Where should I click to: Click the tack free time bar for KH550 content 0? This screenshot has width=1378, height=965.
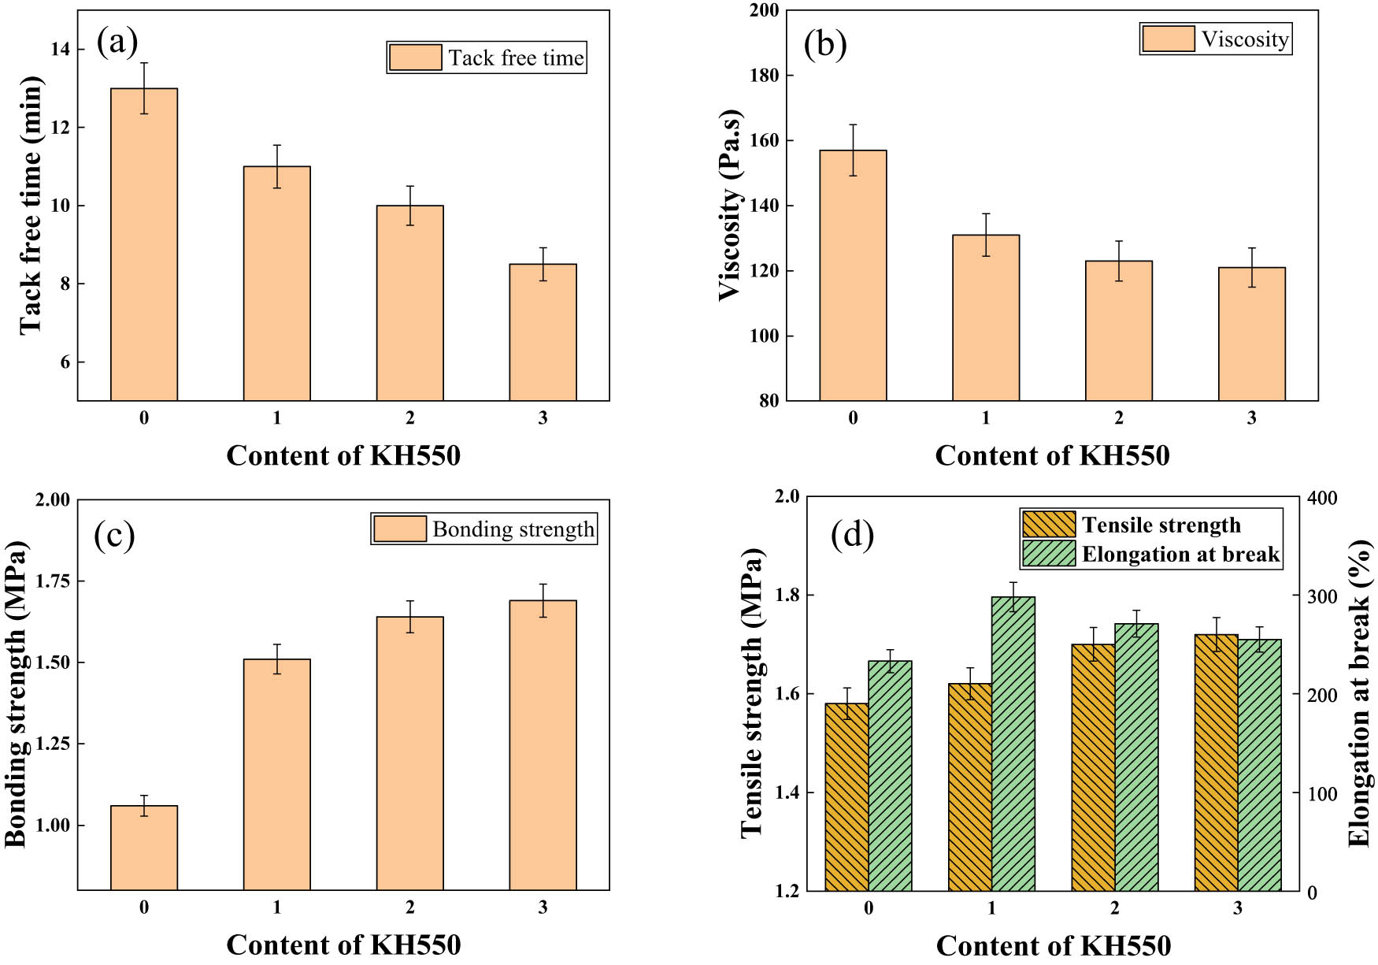pyautogui.click(x=144, y=244)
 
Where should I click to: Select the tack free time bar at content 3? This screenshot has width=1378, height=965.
pyautogui.click(x=543, y=332)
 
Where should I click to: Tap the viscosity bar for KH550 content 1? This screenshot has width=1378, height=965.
pyautogui.click(x=986, y=317)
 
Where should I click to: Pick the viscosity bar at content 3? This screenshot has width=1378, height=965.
pyautogui.click(x=1251, y=334)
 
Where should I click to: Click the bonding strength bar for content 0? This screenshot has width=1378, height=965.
pyautogui.click(x=144, y=848)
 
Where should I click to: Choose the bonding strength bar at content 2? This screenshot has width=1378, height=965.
pyautogui.click(x=409, y=753)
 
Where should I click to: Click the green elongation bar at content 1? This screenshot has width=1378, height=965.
pyautogui.click(x=1013, y=744)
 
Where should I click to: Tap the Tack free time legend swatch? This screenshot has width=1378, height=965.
pyautogui.click(x=415, y=58)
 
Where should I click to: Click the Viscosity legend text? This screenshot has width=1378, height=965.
pyautogui.click(x=1244, y=39)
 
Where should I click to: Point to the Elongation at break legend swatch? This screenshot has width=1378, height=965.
pyautogui.click(x=1048, y=554)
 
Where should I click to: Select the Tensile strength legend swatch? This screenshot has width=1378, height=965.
pyautogui.click(x=1048, y=525)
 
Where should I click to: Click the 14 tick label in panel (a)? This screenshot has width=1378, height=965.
pyautogui.click(x=60, y=49)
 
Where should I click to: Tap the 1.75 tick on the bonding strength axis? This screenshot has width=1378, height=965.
pyautogui.click(x=52, y=581)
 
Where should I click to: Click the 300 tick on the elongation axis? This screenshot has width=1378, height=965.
pyautogui.click(x=1321, y=597)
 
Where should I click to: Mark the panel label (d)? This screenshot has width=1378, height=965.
pyautogui.click(x=852, y=536)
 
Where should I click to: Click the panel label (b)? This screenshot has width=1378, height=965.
pyautogui.click(x=824, y=44)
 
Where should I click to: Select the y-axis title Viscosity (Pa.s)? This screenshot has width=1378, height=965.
pyautogui.click(x=731, y=205)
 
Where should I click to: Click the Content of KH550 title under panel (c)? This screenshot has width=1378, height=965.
pyautogui.click(x=343, y=945)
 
